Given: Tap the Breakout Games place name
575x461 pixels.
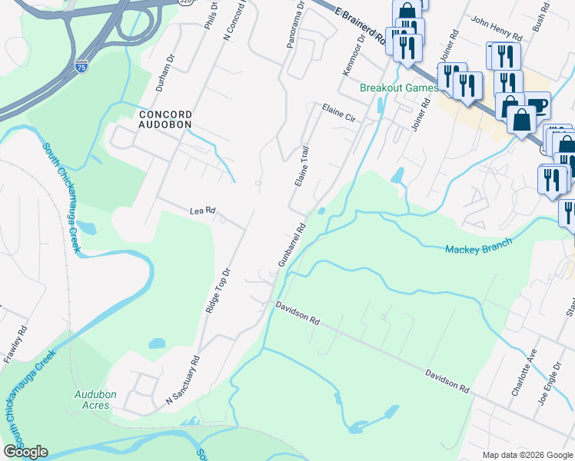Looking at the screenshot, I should coord(399,87).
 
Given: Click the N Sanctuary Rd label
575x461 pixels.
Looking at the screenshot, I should coord(183,381).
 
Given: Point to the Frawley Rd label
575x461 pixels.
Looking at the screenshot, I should coord(16,343).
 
